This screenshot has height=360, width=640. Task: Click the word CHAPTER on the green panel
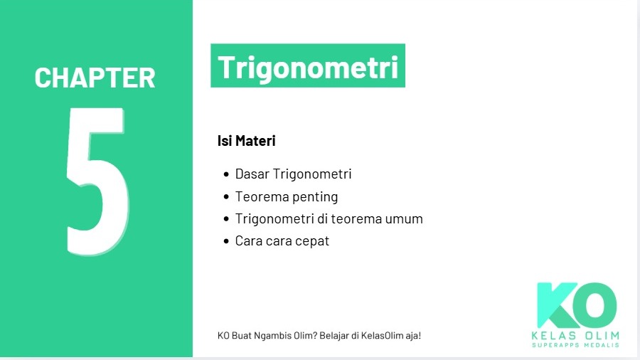pos(95,78)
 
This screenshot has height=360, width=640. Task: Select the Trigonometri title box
pos(307,66)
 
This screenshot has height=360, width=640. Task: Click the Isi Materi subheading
pos(246,141)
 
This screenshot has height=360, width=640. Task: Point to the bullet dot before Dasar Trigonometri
pos(226,174)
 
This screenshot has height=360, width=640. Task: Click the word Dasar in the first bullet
pos(252,174)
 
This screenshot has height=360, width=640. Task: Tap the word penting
pos(314,197)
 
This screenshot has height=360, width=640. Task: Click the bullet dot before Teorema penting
pos(226,197)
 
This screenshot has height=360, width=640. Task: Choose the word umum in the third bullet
pos(405,219)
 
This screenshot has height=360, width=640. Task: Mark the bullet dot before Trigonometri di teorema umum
pos(226,219)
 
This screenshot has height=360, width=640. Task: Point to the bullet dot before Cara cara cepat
pos(226,241)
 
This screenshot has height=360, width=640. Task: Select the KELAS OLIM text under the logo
pos(576,335)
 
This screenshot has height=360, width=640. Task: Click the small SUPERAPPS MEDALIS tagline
pos(576,345)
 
